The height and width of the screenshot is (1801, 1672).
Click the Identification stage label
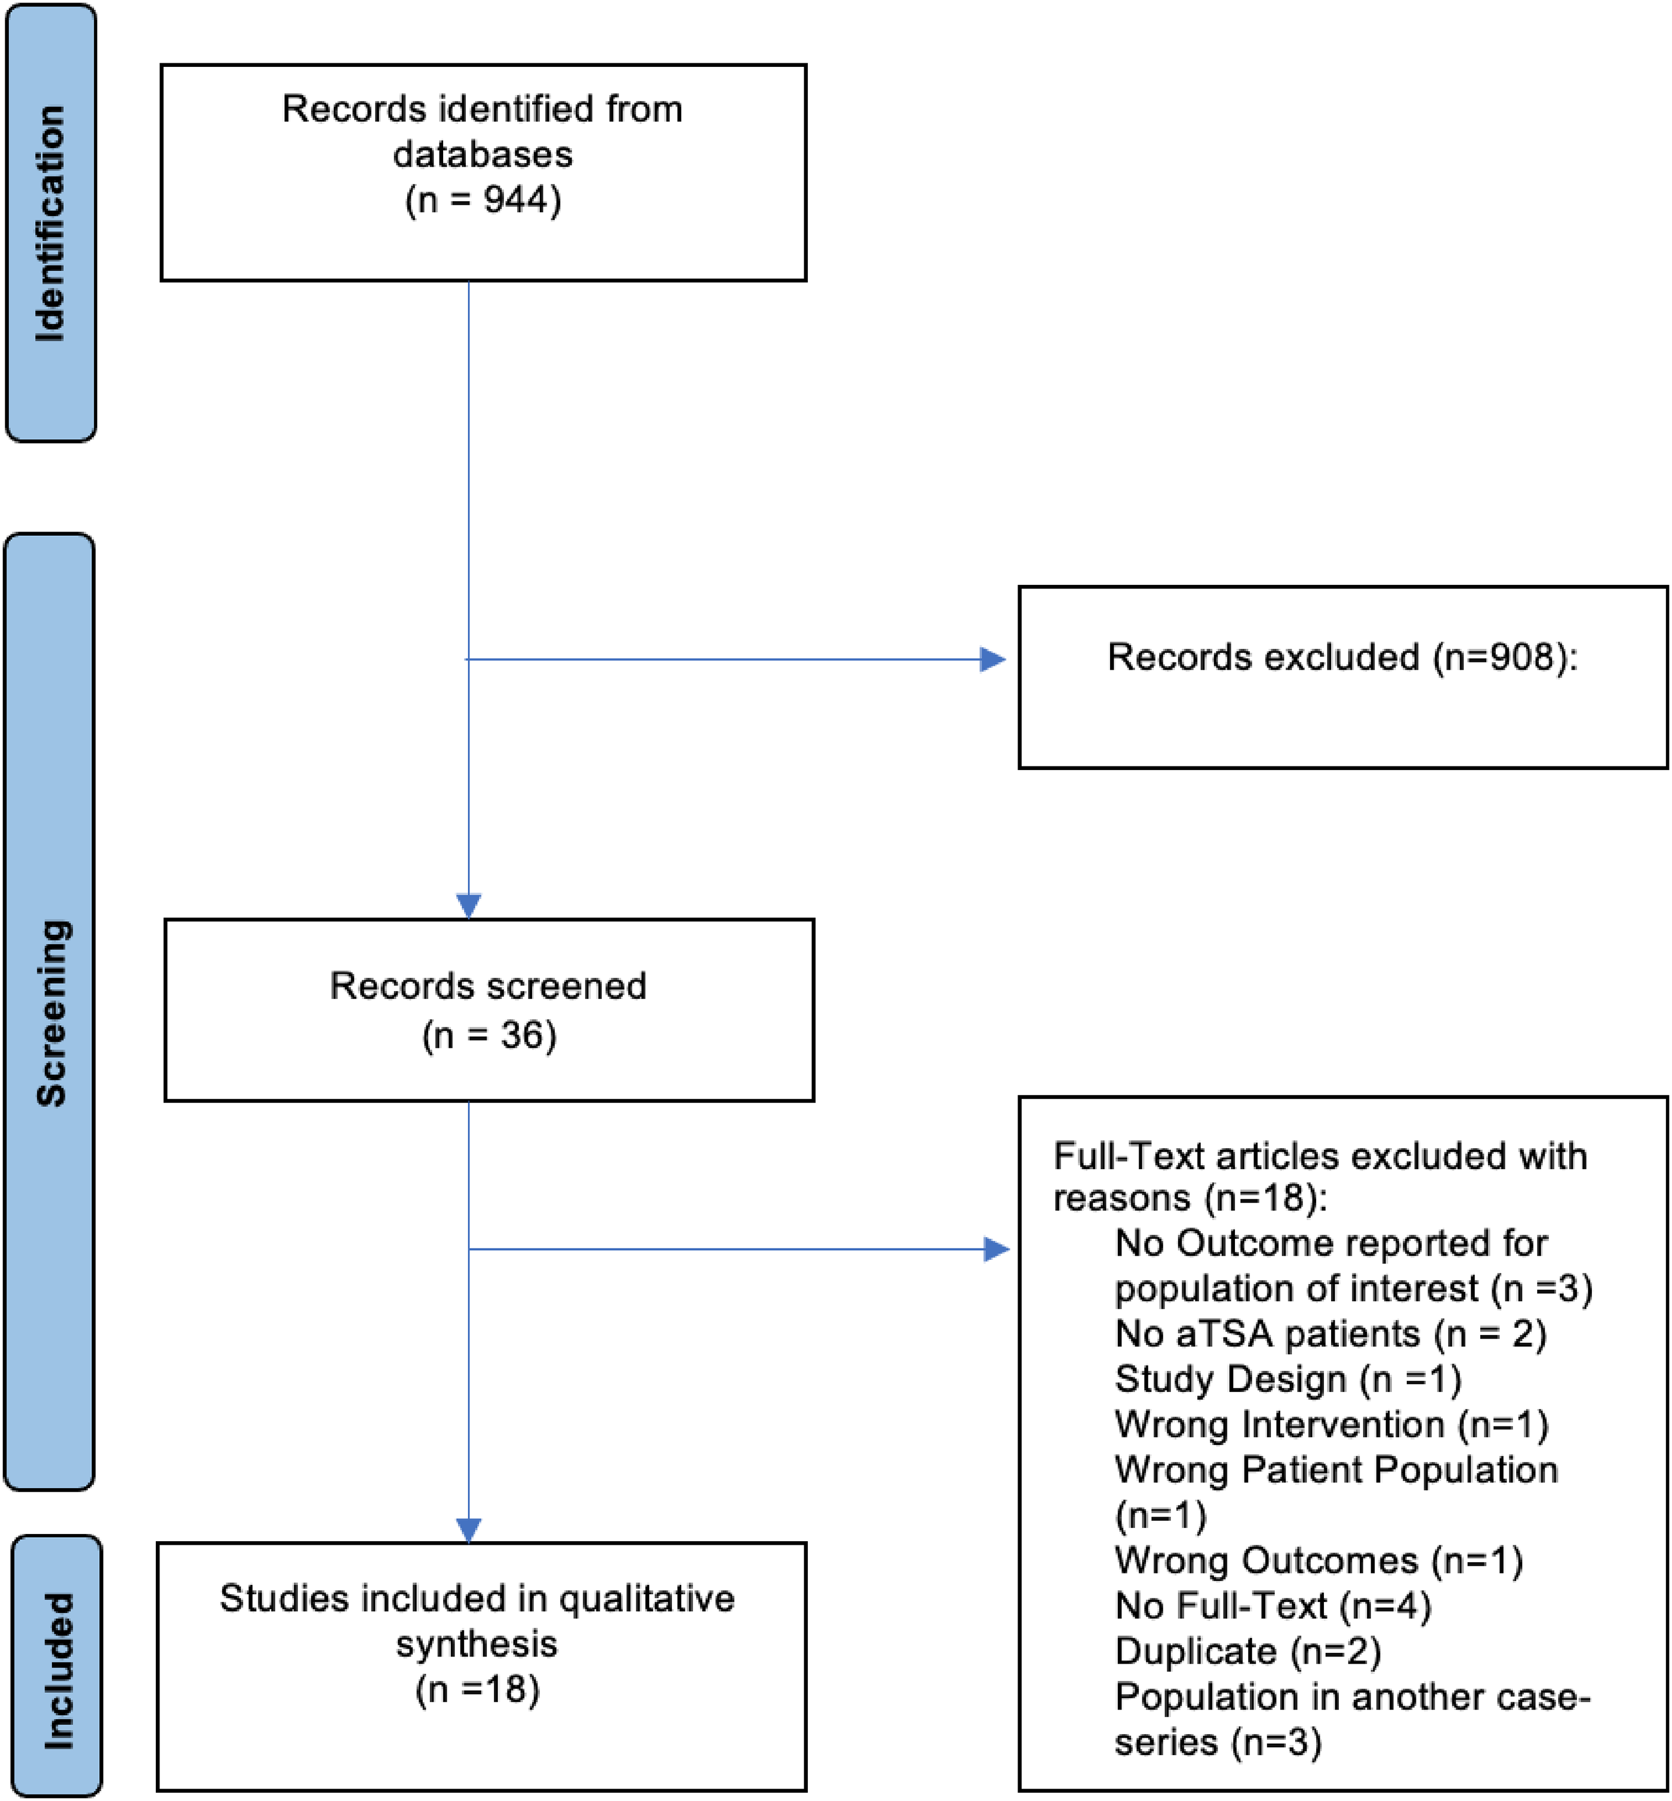[51, 223]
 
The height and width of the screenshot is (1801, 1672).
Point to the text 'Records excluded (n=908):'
[1342, 658]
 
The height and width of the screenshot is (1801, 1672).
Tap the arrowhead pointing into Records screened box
[469, 906]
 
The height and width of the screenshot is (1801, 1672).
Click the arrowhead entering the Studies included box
[469, 1529]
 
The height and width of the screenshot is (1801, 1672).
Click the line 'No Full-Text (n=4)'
[1273, 1606]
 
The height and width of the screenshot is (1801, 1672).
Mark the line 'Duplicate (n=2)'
[1247, 1650]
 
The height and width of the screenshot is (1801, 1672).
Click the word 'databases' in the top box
[483, 154]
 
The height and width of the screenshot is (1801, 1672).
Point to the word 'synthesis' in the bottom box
[477, 1643]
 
